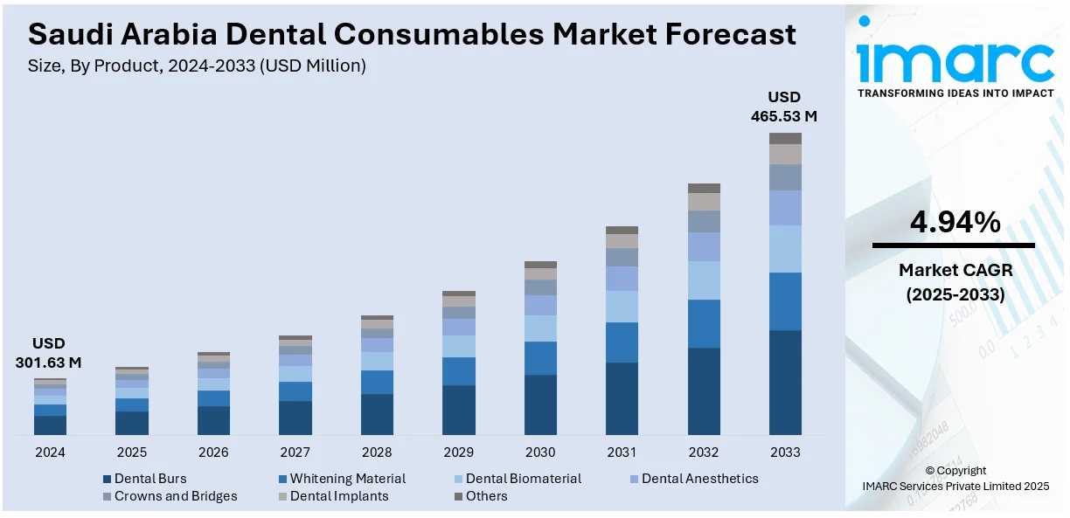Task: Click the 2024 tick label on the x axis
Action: coord(50,452)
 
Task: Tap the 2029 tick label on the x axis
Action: coord(459,452)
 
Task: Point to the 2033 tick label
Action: coord(785,452)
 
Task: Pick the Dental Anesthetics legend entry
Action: coord(699,479)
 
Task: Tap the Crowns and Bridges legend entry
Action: coord(176,496)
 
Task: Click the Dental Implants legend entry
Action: coord(339,496)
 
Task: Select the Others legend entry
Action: coord(486,496)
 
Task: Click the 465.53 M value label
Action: coord(784,115)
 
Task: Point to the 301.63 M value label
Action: coord(49,363)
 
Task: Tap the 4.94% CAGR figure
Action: coord(955,224)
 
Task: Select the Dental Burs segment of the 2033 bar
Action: coord(785,382)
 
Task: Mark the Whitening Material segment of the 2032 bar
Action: coord(704,323)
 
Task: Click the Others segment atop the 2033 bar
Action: coord(785,138)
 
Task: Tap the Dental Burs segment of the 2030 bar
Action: coord(540,404)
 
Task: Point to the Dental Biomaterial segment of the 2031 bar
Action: coord(622,307)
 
